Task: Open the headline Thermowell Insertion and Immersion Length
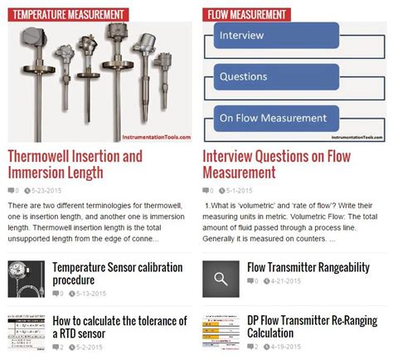75,164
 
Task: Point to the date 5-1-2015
241,191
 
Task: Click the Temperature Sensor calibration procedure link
118,273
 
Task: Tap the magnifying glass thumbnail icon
221,280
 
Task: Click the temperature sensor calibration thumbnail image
26,280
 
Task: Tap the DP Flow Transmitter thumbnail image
221,334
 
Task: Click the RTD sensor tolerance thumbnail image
26,334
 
